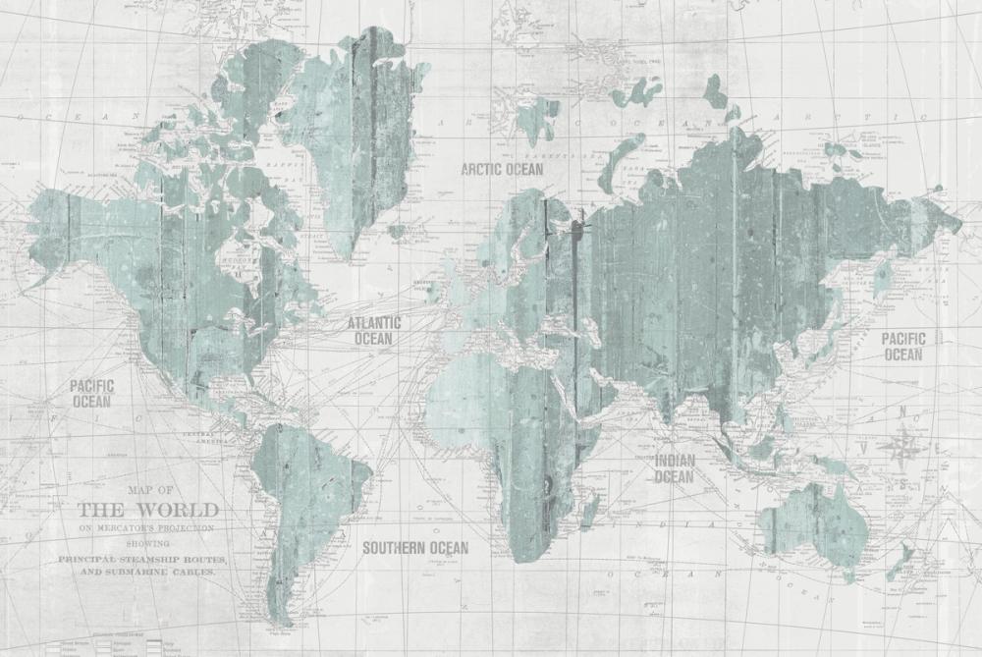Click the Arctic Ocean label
pos(501,169)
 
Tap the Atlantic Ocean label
pos(373,330)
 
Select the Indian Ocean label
pos(674,468)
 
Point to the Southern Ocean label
pos(415,547)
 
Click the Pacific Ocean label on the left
pos(91,393)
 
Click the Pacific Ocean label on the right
pos(901,346)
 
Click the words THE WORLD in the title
pos(147,510)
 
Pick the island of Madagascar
pos(589,511)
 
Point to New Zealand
pos(901,560)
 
